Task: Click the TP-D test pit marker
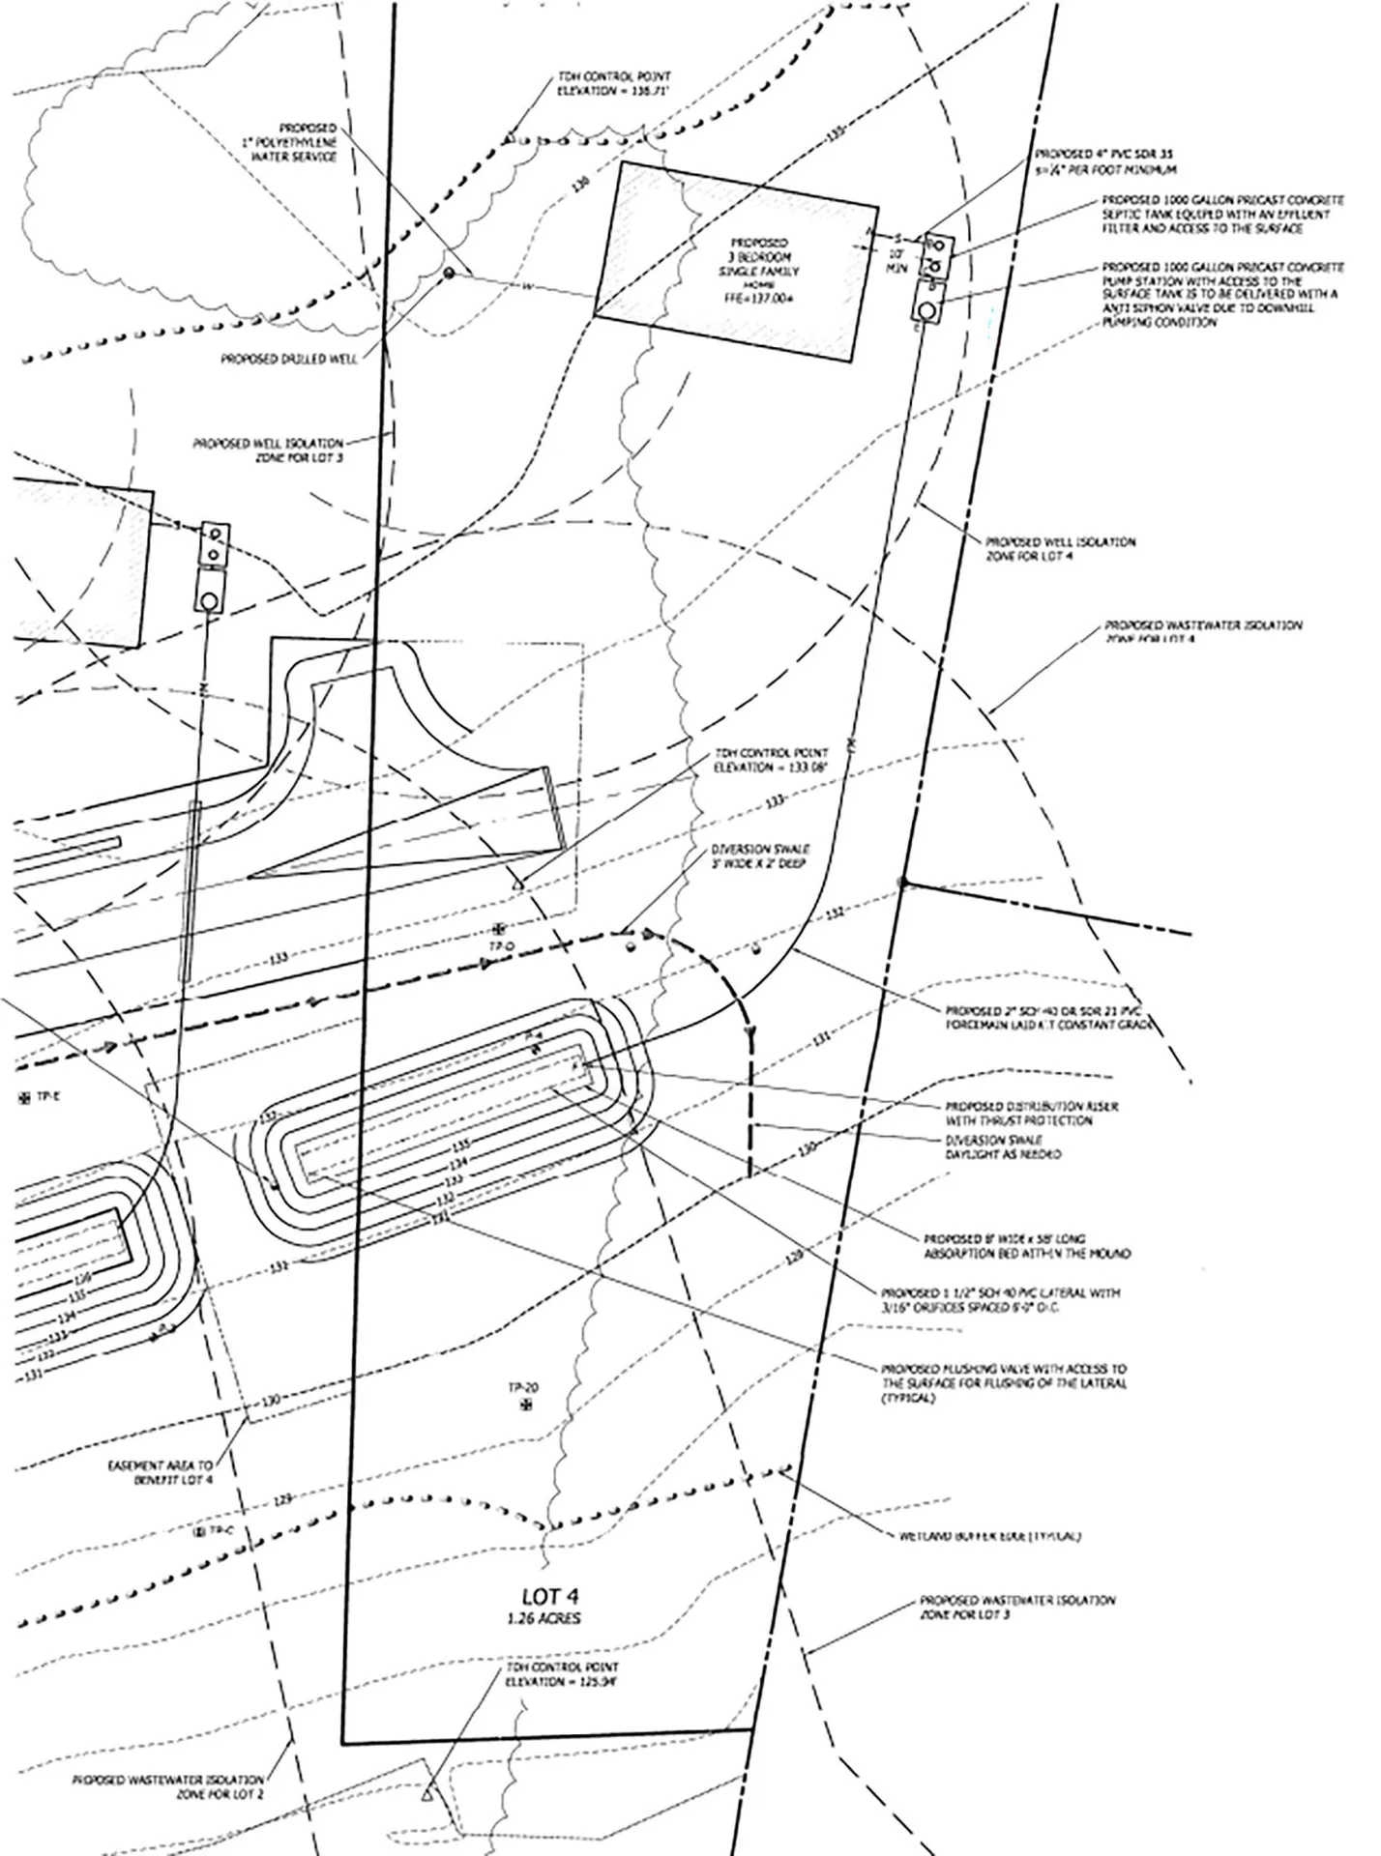pyautogui.click(x=500, y=926)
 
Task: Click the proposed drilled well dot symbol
pyautogui.click(x=449, y=274)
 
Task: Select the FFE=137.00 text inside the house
pyautogui.click(x=760, y=300)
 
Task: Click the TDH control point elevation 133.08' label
pyautogui.click(x=771, y=760)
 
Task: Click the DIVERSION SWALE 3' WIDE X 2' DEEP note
pyautogui.click(x=760, y=856)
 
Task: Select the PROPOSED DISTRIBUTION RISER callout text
pyautogui.click(x=1032, y=1114)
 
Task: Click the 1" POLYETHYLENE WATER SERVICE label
pyautogui.click(x=291, y=143)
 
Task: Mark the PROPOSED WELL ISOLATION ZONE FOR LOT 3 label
pyautogui.click(x=268, y=450)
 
